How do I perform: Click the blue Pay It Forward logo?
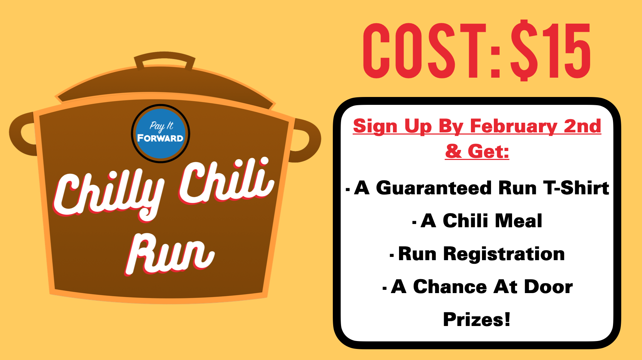coord(161,133)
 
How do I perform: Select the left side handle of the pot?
coord(22,134)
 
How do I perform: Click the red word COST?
coord(425,51)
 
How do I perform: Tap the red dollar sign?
coord(524,50)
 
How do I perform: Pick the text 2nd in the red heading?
coord(582,126)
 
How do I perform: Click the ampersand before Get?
coord(454,151)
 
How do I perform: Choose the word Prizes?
coord(477,320)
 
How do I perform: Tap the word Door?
coord(548,287)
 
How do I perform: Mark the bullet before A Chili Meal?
coord(414,223)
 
